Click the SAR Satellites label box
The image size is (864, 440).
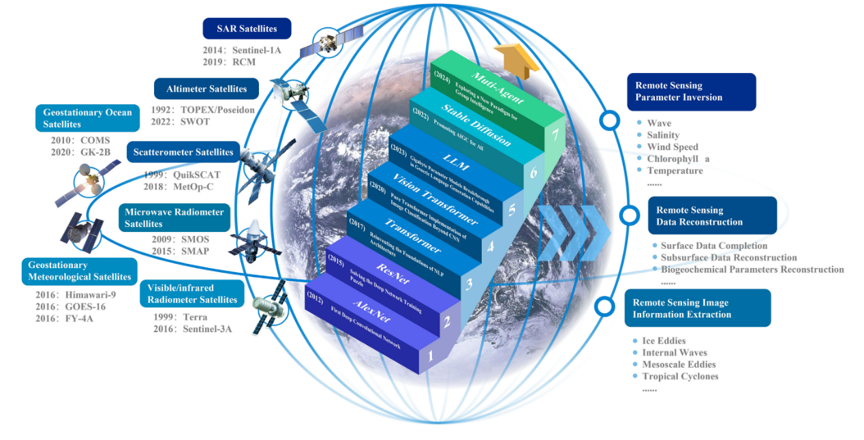point(247,29)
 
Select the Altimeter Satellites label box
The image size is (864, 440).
point(206,89)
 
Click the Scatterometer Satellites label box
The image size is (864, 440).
point(183,152)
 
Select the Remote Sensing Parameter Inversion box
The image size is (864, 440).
point(691,91)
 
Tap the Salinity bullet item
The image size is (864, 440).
point(663,135)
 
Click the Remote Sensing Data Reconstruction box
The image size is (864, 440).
point(712,216)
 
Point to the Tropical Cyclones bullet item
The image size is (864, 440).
point(680,376)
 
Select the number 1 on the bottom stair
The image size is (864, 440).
point(429,355)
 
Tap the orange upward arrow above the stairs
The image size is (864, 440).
point(516,55)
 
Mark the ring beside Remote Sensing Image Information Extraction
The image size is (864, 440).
point(604,306)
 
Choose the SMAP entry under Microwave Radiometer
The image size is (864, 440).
point(196,251)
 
